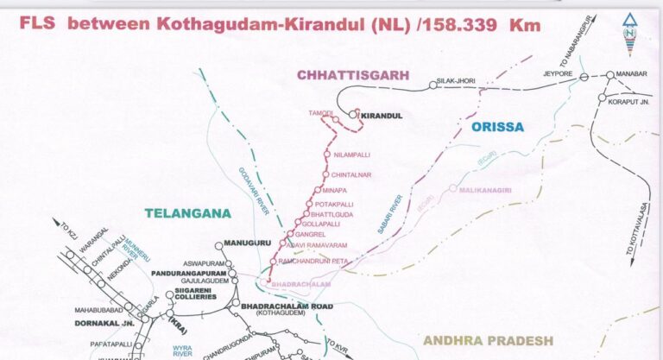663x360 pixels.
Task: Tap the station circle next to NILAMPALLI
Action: [326, 155]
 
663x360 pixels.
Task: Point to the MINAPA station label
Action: [335, 190]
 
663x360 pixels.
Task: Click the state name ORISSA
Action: [497, 127]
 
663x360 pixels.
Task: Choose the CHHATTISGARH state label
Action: [353, 75]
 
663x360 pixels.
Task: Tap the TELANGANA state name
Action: [184, 212]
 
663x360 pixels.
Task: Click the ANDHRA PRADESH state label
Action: [488, 340]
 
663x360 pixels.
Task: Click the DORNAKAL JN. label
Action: [94, 324]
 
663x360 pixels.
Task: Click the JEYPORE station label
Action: [558, 75]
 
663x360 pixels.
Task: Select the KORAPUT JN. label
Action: [628, 101]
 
